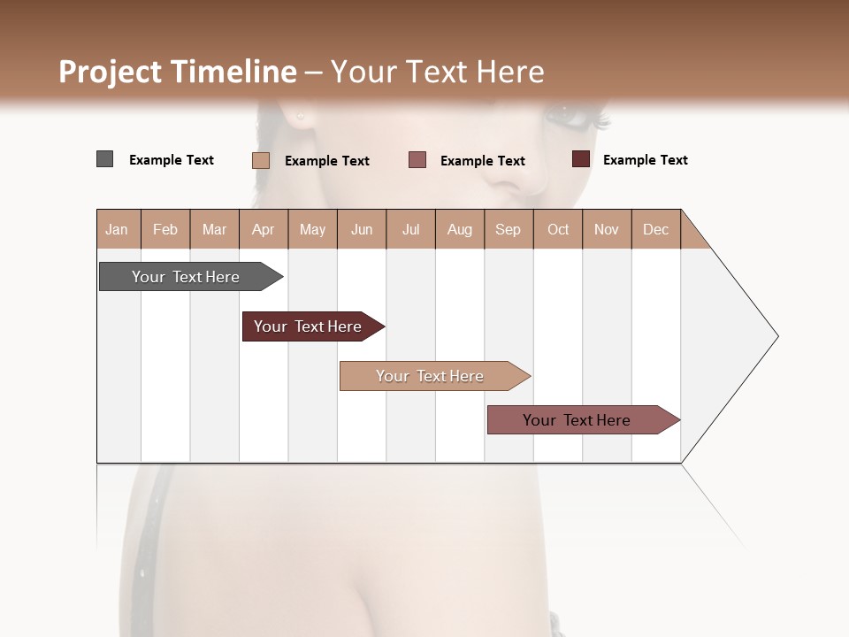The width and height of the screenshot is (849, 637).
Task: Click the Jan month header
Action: point(117,229)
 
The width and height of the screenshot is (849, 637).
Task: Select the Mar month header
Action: point(214,229)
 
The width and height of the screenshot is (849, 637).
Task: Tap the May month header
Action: point(312,229)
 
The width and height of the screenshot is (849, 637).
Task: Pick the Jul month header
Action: point(410,229)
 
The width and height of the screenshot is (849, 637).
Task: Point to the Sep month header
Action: point(508,229)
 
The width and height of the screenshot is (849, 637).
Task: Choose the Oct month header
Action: point(558,229)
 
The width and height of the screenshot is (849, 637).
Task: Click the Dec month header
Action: point(655,229)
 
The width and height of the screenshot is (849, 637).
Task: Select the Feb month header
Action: point(165,229)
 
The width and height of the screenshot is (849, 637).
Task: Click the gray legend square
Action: point(104,159)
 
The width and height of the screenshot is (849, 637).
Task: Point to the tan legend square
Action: point(260,160)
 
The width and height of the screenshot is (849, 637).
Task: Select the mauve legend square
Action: point(417,160)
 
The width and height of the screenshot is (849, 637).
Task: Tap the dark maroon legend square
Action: point(580,159)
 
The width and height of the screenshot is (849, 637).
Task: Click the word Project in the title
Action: point(110,72)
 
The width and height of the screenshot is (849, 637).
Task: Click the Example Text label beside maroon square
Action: point(645,160)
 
